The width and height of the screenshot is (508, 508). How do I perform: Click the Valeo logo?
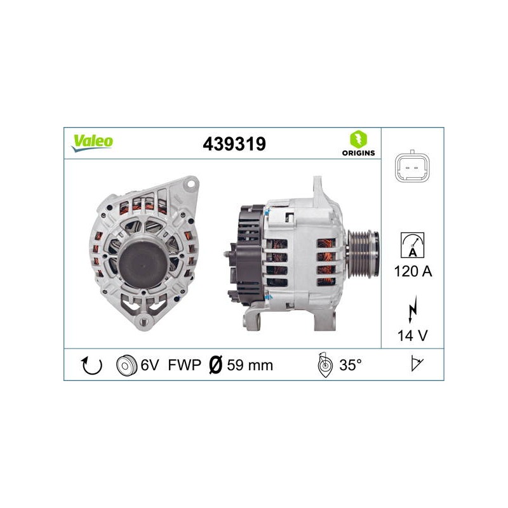(92, 143)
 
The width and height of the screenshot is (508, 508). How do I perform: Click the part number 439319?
(234, 144)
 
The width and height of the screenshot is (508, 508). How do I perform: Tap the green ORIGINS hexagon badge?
(358, 139)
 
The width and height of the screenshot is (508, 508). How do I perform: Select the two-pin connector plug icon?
(412, 168)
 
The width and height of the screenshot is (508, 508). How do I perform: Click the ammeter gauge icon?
(412, 245)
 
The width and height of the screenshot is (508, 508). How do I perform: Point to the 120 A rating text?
(413, 271)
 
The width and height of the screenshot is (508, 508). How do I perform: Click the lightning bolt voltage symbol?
(412, 309)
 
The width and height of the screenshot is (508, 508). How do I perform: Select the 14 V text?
(412, 336)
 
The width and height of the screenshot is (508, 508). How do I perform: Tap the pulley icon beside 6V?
(126, 366)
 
